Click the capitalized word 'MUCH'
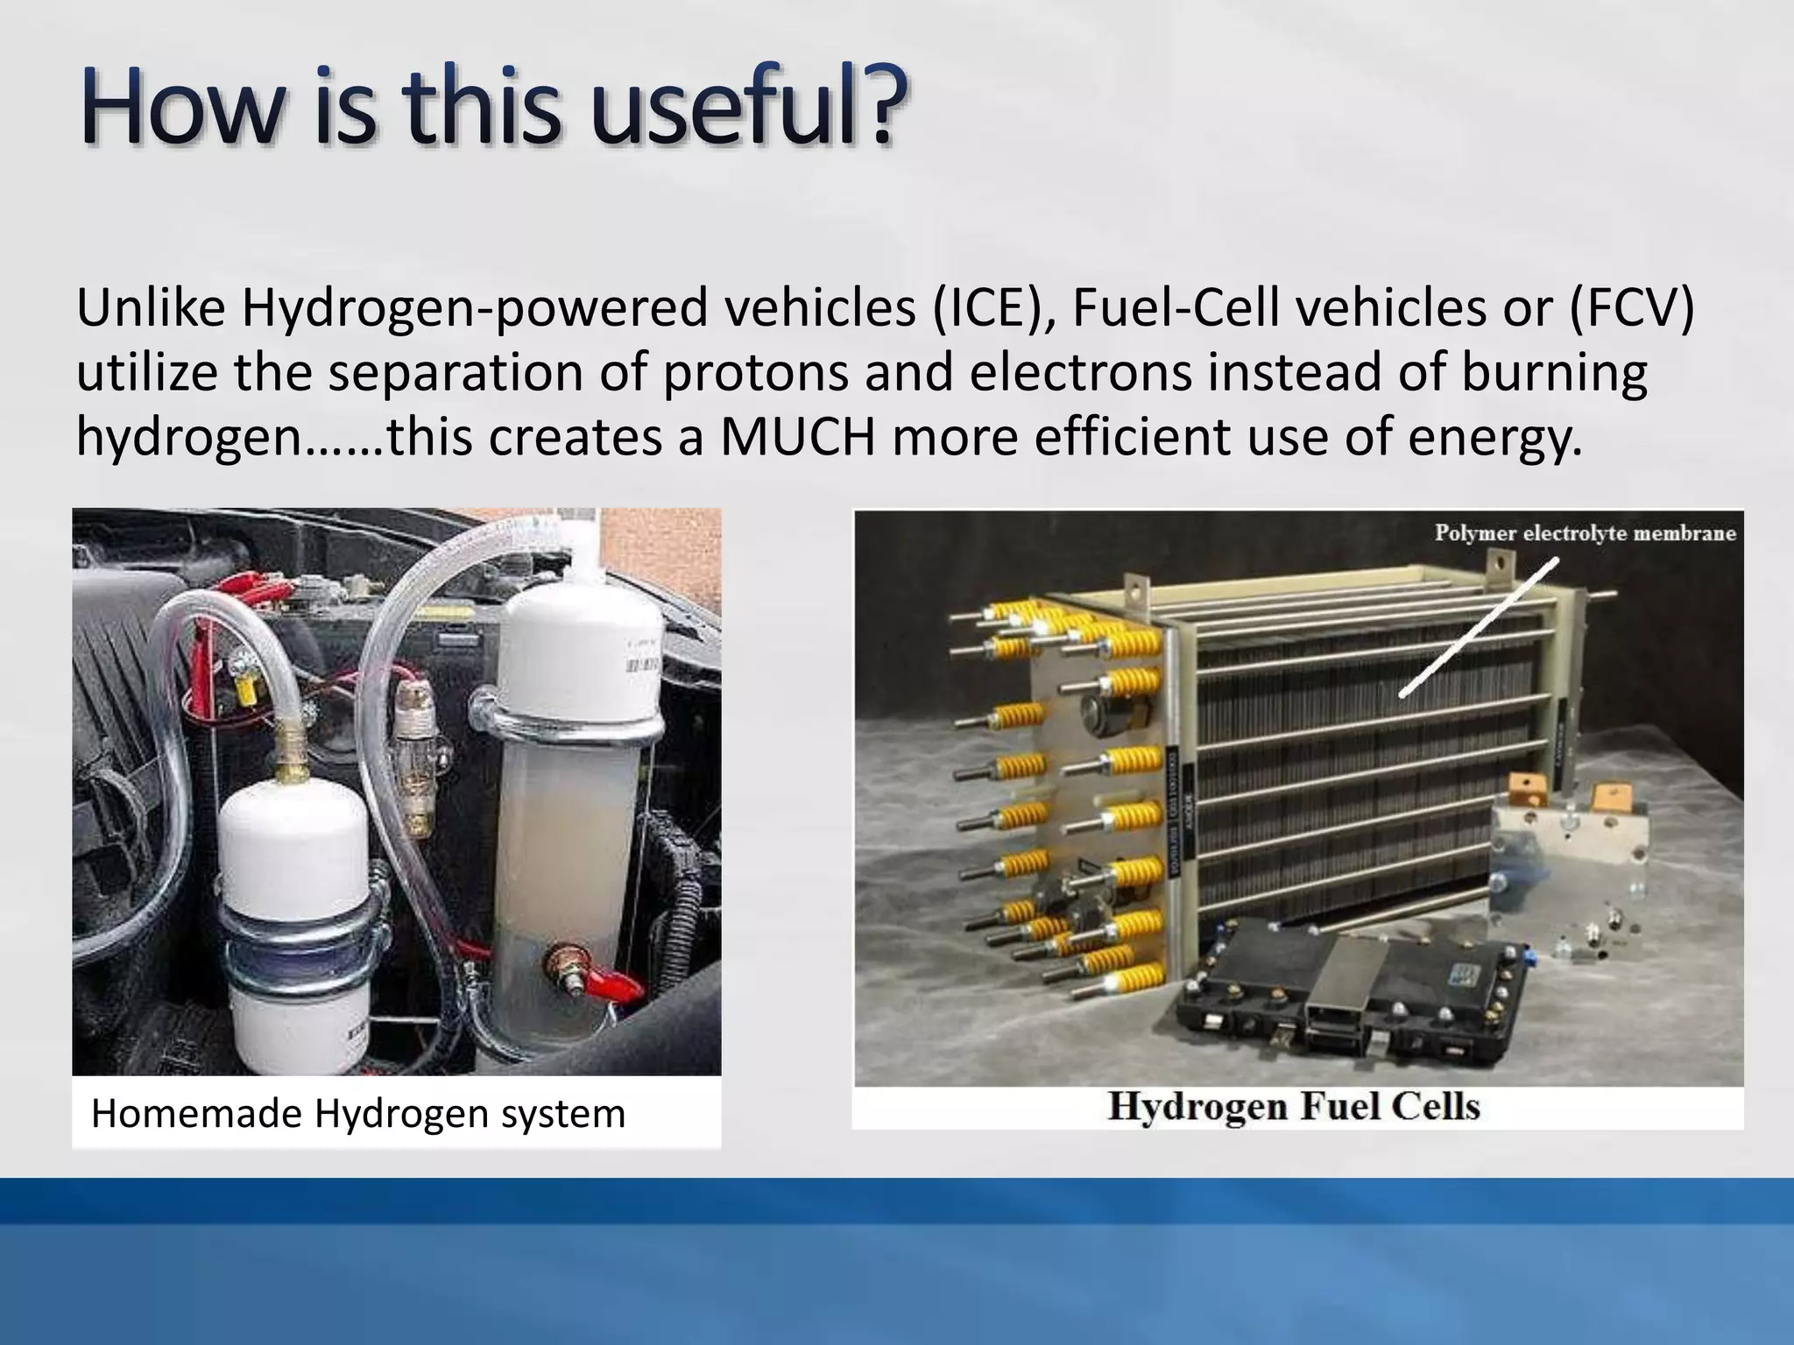(797, 437)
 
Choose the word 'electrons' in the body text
(1081, 373)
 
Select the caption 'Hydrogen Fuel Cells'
(1293, 1106)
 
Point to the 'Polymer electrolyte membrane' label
(1584, 533)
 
